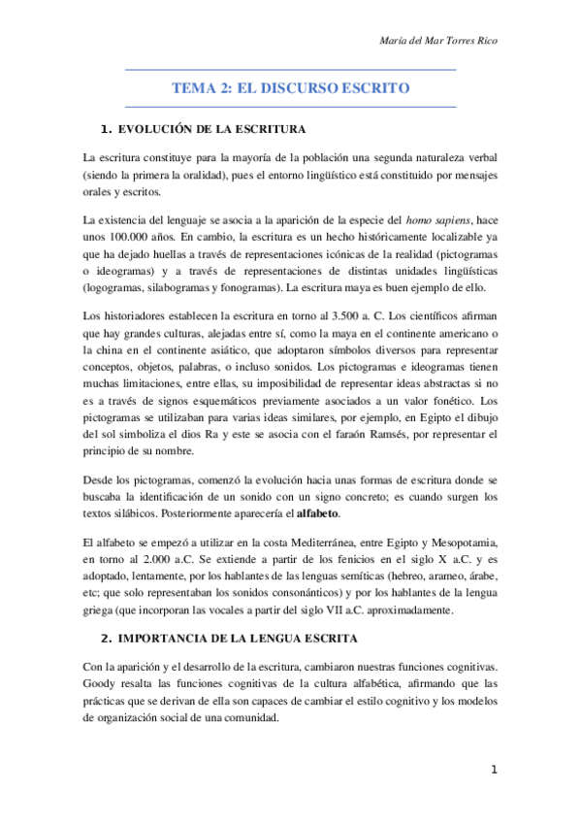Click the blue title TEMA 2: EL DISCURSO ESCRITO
[290, 88]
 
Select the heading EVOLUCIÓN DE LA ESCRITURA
[211, 129]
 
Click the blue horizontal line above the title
[290, 70]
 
